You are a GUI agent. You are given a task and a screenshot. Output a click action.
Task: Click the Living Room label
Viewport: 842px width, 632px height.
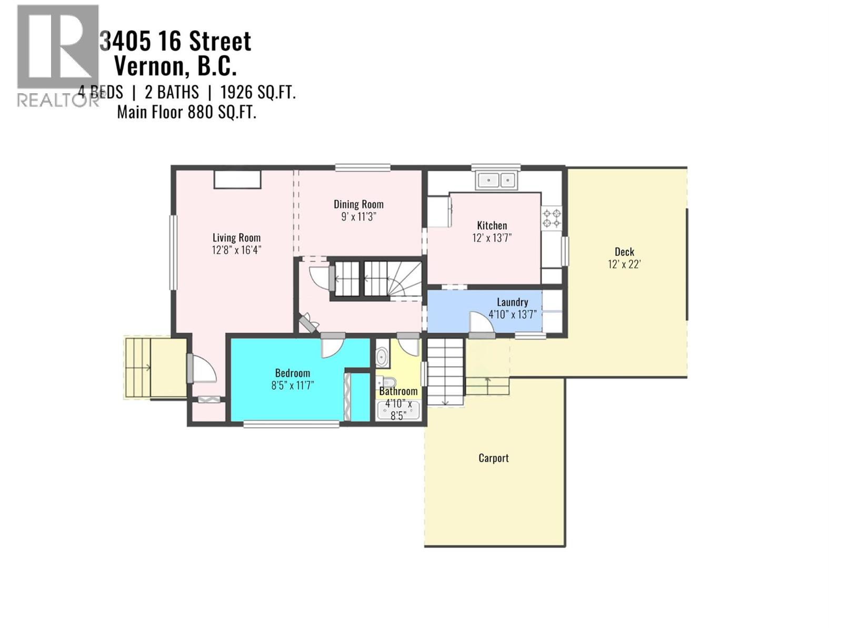click(236, 238)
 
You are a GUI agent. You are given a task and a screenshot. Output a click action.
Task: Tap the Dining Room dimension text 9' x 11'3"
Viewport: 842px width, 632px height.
click(358, 217)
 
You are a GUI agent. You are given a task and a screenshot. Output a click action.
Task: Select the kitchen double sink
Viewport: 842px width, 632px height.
click(497, 181)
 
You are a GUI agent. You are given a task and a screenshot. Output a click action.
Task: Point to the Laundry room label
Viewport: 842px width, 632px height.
click(512, 302)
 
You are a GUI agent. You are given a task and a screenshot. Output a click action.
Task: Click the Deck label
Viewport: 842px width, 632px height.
click(624, 252)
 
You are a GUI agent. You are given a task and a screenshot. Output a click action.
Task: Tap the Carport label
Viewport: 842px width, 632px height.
click(493, 458)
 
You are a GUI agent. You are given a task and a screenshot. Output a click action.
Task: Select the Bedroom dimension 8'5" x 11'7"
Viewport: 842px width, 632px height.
click(292, 386)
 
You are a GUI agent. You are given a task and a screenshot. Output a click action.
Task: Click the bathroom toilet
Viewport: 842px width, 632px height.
click(388, 382)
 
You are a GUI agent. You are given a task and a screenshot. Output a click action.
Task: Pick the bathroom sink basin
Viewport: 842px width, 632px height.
click(382, 357)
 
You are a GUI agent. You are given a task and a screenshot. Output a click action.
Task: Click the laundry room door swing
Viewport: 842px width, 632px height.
click(480, 322)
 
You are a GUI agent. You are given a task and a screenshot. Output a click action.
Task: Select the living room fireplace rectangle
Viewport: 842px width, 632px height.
click(237, 180)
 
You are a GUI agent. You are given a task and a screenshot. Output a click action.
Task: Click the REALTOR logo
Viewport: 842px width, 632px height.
click(57, 55)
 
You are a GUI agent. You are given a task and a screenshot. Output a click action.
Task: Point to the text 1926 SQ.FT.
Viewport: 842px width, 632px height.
click(257, 93)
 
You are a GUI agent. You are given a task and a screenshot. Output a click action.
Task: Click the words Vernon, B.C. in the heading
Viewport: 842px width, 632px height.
click(175, 66)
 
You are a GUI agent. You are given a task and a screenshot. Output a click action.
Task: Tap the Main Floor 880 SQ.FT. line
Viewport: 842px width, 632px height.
click(186, 112)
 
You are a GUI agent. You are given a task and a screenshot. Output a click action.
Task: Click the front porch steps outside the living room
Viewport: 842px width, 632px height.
click(138, 368)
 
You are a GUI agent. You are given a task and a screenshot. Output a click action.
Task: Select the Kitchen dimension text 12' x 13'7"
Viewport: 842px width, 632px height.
click(492, 238)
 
